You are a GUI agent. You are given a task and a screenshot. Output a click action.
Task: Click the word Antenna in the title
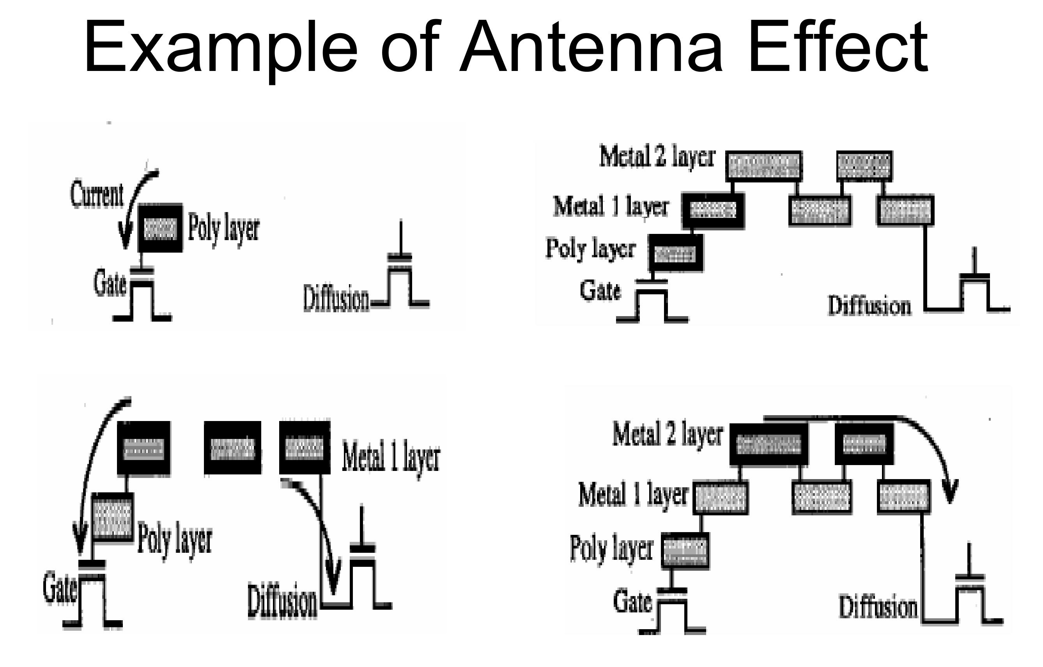pos(591,48)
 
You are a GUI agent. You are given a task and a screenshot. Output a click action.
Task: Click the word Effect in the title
pos(838,48)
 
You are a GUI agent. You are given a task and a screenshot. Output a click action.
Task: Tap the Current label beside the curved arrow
pos(97,195)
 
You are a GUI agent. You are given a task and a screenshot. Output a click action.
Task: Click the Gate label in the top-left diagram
pos(110,285)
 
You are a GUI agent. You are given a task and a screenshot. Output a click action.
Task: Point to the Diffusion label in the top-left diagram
pos(336,299)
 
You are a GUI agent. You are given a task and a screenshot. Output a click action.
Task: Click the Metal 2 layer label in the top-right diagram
pos(657,157)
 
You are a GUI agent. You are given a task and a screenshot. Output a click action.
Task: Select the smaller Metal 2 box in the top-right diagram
pos(864,166)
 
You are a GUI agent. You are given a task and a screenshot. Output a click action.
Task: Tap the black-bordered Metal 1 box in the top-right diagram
pos(713,211)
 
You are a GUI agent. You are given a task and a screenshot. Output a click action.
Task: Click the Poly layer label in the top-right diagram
pos(591,249)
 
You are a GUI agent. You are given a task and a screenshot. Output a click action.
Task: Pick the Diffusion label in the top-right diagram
pos(869,306)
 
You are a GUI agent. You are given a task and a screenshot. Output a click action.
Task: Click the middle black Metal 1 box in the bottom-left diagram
pos(233,448)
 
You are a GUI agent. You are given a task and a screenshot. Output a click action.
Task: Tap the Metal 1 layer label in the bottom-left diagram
pos(391,456)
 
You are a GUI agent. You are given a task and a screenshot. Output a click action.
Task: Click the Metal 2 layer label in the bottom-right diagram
pos(668,435)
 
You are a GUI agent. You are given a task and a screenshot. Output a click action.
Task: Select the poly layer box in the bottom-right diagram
pos(685,550)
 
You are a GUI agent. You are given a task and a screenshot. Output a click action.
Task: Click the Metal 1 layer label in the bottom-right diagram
pos(633,495)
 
